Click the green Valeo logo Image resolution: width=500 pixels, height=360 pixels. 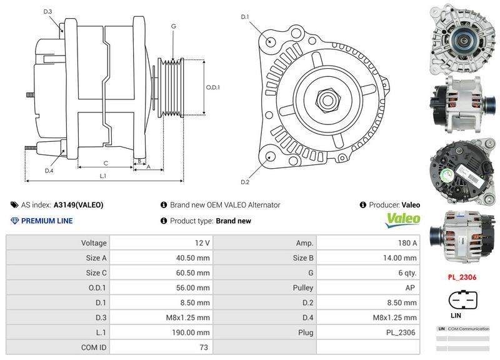point(402,219)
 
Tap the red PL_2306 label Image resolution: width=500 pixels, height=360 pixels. point(463,276)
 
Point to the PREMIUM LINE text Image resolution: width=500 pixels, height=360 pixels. point(47,221)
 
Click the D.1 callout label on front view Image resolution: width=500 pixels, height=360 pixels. point(245,16)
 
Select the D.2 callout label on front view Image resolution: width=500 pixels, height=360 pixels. point(245,182)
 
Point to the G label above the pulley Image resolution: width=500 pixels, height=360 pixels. point(172,26)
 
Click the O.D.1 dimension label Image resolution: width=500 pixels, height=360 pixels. point(213,87)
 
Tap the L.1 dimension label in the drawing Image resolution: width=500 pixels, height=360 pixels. point(102,176)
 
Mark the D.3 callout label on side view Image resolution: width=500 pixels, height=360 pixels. point(48,11)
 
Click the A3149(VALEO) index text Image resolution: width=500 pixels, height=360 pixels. point(78,204)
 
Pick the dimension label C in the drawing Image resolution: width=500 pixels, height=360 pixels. point(106,163)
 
